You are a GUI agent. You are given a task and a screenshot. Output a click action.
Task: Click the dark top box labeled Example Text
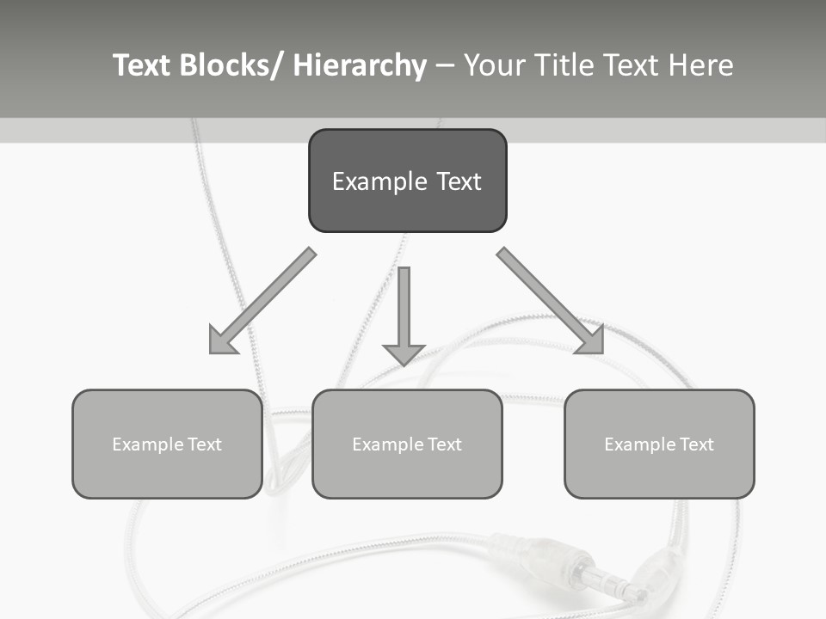(407, 181)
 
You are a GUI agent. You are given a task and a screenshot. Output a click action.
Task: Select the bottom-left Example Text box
(167, 444)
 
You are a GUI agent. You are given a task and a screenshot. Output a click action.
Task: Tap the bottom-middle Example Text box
(407, 444)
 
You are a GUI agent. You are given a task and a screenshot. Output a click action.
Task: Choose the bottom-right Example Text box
(659, 444)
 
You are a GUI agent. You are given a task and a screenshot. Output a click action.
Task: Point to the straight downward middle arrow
(404, 309)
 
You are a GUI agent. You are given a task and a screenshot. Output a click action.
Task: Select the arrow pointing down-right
(552, 302)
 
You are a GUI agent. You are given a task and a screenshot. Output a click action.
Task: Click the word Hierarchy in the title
(360, 65)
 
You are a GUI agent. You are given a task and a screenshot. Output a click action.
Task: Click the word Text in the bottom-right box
(693, 444)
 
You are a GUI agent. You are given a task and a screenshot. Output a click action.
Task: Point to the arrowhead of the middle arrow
(404, 354)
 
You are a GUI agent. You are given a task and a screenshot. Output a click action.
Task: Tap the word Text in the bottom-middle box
(441, 444)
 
